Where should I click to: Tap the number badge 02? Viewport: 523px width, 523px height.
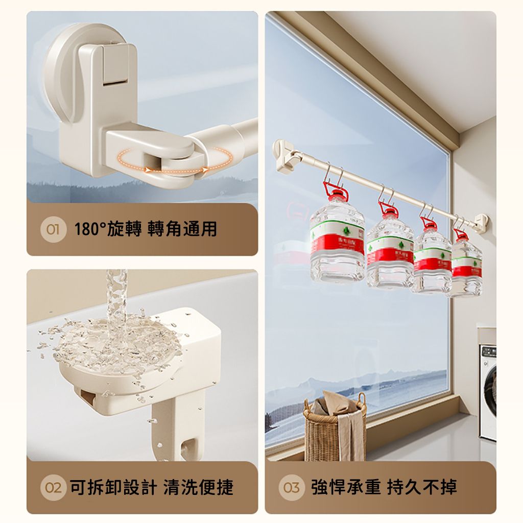coord(53,487)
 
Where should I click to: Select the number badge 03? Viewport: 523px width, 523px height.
coord(292,487)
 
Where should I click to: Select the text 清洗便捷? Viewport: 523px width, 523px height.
coord(198,487)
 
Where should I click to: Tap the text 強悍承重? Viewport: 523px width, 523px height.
coord(346,487)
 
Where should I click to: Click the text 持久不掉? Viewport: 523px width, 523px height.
coord(422,487)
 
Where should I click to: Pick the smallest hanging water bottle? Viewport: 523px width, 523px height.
coord(465,266)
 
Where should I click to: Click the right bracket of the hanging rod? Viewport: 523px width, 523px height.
coord(481,221)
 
